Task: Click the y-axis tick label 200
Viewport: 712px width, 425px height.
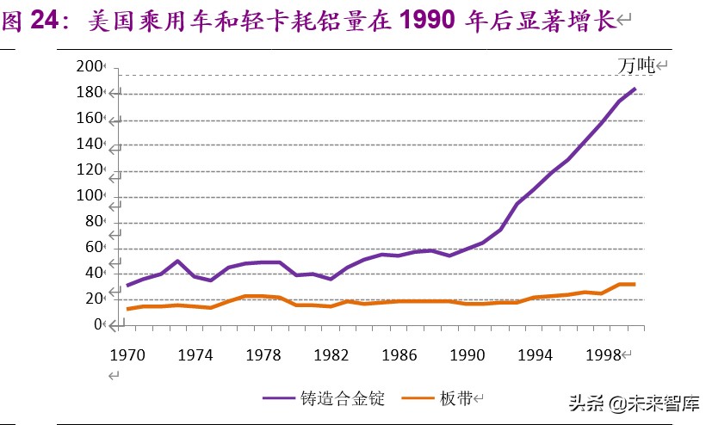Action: tap(89, 67)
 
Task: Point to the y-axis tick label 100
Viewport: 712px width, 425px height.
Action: tap(89, 196)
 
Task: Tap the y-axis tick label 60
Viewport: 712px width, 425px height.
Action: tap(92, 248)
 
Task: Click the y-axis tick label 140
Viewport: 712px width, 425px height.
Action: tap(89, 145)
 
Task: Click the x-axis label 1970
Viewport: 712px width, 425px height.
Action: tap(127, 354)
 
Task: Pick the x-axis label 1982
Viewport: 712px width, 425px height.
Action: tap(329, 354)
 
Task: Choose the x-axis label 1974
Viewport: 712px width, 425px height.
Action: tap(195, 354)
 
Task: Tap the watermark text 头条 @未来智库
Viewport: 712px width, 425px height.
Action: tap(631, 403)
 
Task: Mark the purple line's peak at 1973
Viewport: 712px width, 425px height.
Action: tap(177, 261)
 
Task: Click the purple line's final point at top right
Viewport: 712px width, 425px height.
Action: tap(635, 89)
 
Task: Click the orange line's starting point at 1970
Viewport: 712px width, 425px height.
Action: tap(127, 309)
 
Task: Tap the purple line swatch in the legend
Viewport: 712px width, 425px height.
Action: tap(280, 397)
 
